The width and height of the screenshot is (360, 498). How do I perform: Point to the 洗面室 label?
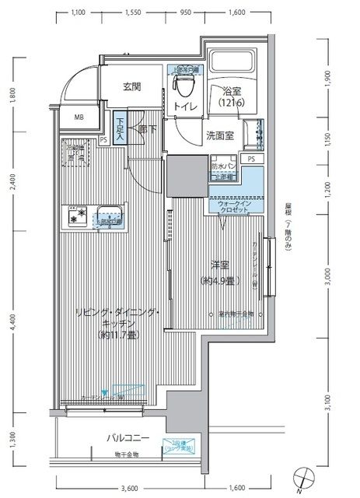pyautogui.click(x=221, y=136)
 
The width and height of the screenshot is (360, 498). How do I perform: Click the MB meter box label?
pyautogui.click(x=79, y=117)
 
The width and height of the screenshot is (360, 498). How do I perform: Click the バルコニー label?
pyautogui.click(x=128, y=438)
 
